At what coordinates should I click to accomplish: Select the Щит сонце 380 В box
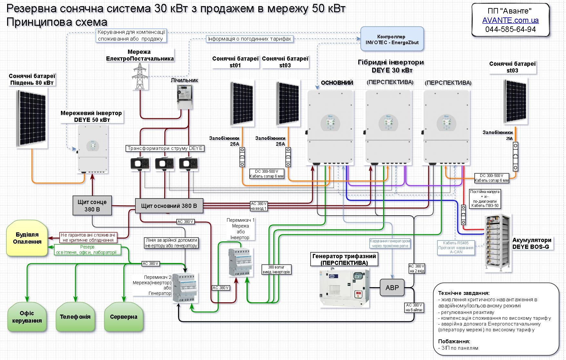tap(92, 205)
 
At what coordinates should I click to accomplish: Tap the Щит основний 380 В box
tap(169, 206)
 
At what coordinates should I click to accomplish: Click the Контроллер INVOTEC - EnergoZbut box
tap(392, 39)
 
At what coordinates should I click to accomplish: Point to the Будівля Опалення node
tap(27, 238)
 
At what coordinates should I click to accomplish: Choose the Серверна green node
tap(124, 317)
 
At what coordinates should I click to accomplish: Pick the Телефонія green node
tap(75, 317)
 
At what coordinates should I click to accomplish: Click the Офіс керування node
tap(27, 317)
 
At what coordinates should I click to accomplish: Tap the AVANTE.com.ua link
tap(510, 20)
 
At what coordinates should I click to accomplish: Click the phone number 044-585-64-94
tap(510, 29)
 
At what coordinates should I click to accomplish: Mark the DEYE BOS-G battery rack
tap(498, 243)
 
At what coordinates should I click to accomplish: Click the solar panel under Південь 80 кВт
tap(32, 118)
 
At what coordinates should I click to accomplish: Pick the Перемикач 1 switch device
tap(240, 262)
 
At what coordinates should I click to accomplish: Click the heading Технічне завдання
tap(464, 293)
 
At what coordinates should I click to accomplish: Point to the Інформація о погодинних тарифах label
tap(250, 39)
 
